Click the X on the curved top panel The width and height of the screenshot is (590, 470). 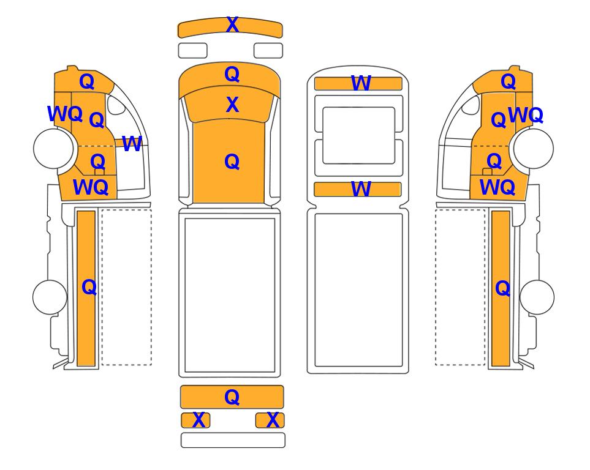pyautogui.click(x=232, y=25)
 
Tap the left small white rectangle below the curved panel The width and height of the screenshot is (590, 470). pyautogui.click(x=192, y=51)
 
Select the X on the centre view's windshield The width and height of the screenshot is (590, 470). pyautogui.click(x=232, y=105)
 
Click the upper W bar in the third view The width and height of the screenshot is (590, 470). pyautogui.click(x=358, y=83)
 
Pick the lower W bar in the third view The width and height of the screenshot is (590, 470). pyautogui.click(x=357, y=189)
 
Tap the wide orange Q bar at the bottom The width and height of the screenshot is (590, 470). pyautogui.click(x=232, y=397)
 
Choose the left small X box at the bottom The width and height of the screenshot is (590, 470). pyautogui.click(x=195, y=420)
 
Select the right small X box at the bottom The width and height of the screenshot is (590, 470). pyautogui.click(x=270, y=420)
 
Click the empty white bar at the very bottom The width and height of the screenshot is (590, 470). pyautogui.click(x=233, y=440)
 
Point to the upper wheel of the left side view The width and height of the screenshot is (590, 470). pyautogui.click(x=53, y=148)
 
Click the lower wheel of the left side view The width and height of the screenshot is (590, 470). pyautogui.click(x=50, y=297)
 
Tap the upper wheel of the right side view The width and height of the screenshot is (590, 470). pyautogui.click(x=534, y=149)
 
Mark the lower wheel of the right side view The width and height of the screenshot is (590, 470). pyautogui.click(x=537, y=297)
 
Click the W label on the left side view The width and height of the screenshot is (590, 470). pyautogui.click(x=132, y=144)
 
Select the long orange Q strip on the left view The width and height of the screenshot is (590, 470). pyautogui.click(x=86, y=288)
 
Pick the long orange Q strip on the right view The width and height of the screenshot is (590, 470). pyautogui.click(x=501, y=288)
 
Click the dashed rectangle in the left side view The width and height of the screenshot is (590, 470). pyautogui.click(x=127, y=287)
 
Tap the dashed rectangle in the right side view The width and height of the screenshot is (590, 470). pyautogui.click(x=460, y=287)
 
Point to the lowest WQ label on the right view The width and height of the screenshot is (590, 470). pyautogui.click(x=497, y=187)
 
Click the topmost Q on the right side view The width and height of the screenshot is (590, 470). pyautogui.click(x=508, y=81)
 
